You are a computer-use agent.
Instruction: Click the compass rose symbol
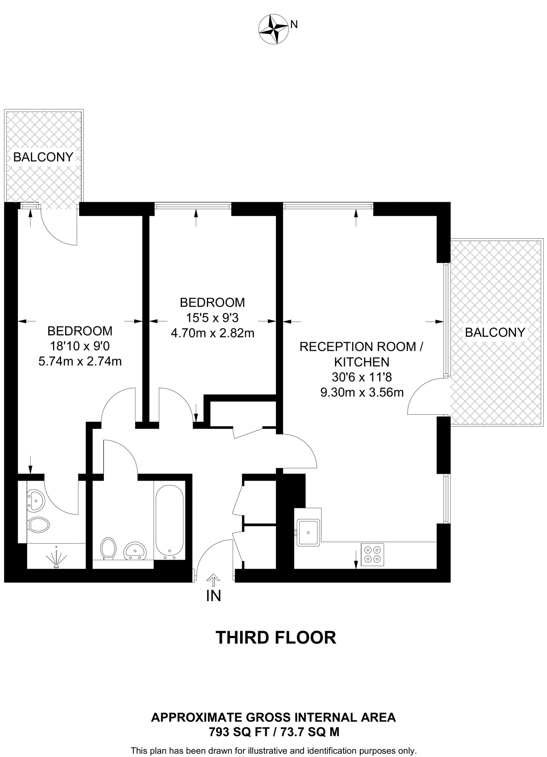pyautogui.click(x=273, y=29)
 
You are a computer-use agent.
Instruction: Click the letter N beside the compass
pyautogui.click(x=294, y=24)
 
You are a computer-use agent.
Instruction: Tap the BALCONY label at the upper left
pyautogui.click(x=43, y=157)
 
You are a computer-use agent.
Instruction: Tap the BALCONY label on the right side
pyautogui.click(x=495, y=332)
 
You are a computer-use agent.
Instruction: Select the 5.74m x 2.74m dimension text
pyautogui.click(x=80, y=361)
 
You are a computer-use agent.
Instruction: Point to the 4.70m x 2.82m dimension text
pyautogui.click(x=212, y=333)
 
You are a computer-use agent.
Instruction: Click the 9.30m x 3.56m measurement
pyautogui.click(x=362, y=392)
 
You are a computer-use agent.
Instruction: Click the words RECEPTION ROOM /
pyautogui.click(x=361, y=347)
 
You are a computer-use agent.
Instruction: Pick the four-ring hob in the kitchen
pyautogui.click(x=372, y=555)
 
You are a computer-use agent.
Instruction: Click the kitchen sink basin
pyautogui.click(x=308, y=532)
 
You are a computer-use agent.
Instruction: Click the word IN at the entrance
pyautogui.click(x=213, y=596)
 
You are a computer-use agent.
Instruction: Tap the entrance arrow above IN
pyautogui.click(x=213, y=580)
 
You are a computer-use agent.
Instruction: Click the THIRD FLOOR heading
pyautogui.click(x=276, y=638)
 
